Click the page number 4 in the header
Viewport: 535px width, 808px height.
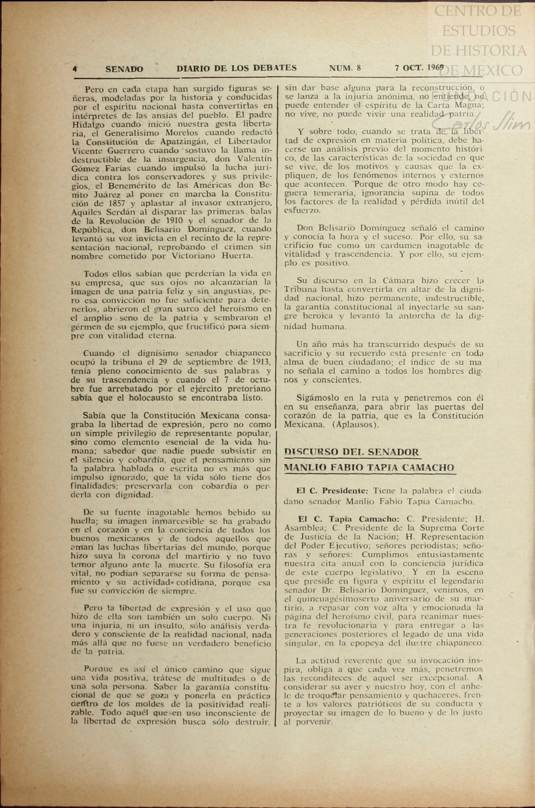click(x=75, y=69)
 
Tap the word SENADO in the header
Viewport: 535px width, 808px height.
click(x=124, y=69)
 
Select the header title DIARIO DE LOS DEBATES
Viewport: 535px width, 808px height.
click(x=236, y=68)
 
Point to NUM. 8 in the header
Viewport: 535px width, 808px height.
click(x=345, y=68)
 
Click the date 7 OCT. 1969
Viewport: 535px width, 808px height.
click(x=419, y=68)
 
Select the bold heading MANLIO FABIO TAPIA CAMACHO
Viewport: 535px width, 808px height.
click(x=369, y=468)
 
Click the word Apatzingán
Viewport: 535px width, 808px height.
click(x=177, y=142)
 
